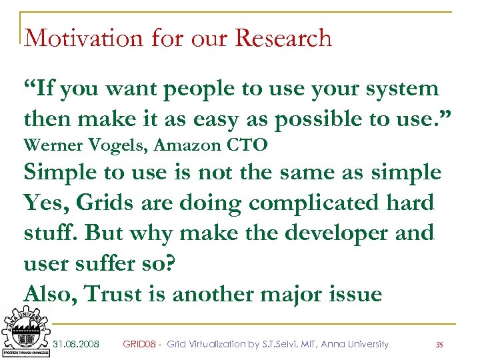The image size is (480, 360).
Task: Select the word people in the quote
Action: [202, 89]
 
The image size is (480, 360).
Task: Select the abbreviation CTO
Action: [248, 145]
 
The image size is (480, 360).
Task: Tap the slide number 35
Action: [439, 345]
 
